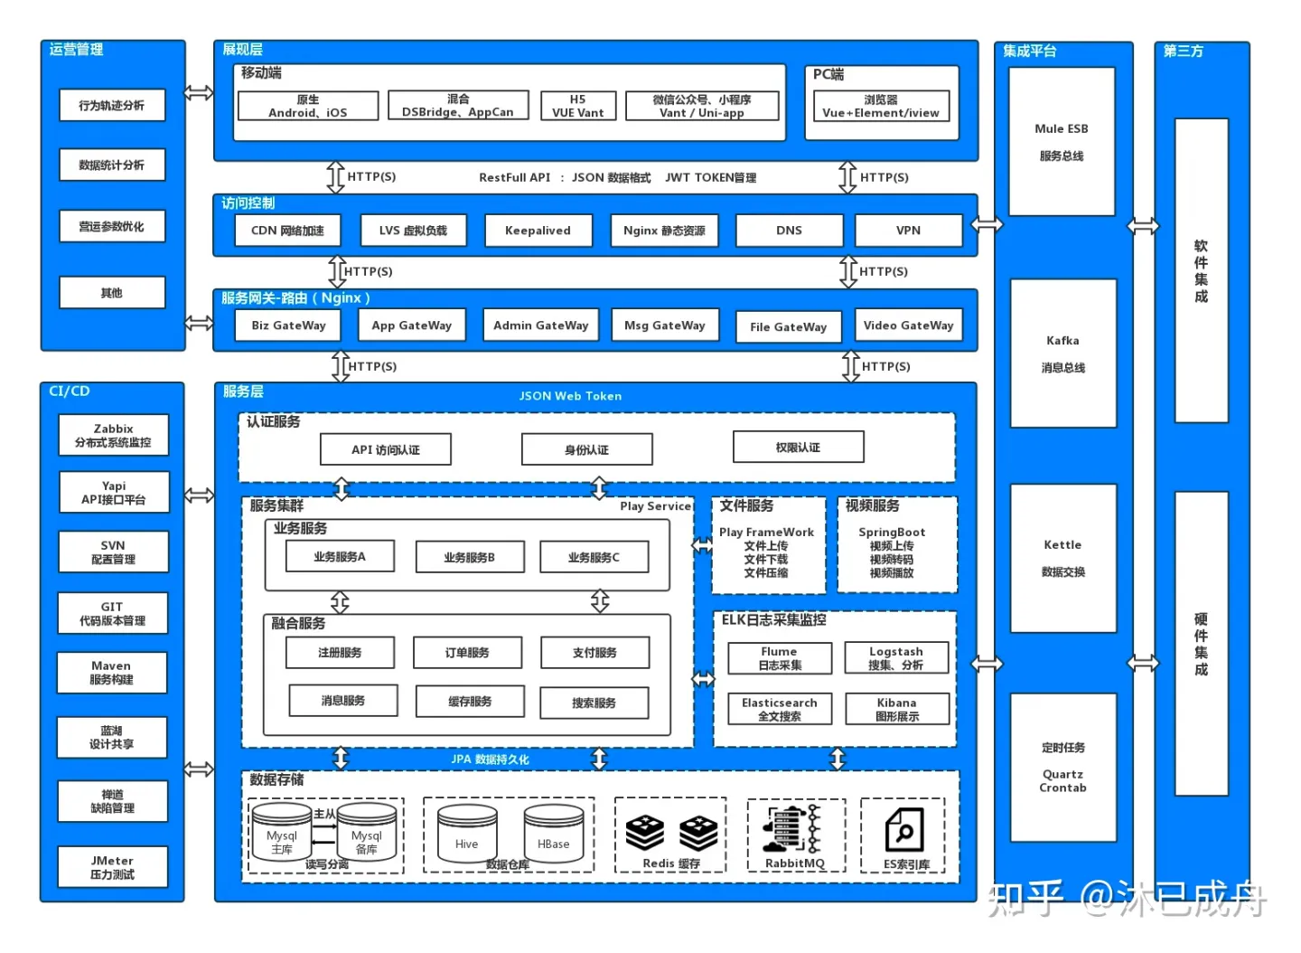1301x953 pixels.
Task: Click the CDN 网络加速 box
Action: tap(287, 231)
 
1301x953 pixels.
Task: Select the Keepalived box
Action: tap(538, 231)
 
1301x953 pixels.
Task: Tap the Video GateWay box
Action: tap(908, 326)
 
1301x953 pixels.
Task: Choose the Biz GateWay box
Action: tap(288, 326)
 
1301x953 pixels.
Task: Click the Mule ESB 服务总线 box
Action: tap(1062, 142)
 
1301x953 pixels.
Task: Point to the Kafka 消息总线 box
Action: tap(1062, 354)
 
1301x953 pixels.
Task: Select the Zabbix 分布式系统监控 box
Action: tap(113, 435)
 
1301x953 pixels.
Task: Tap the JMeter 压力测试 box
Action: tap(112, 867)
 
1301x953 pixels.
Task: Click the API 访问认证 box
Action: tap(386, 449)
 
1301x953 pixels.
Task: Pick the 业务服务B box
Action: tap(470, 557)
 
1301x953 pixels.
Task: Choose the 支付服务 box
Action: tap(594, 653)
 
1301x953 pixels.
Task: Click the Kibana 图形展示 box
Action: tap(897, 709)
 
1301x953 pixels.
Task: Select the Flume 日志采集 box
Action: tap(780, 658)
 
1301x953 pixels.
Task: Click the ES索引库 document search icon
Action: tap(903, 830)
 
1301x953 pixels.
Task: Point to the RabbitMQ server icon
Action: tap(793, 828)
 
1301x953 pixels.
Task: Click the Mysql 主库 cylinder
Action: tap(282, 832)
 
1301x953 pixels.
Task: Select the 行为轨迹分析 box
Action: tap(112, 105)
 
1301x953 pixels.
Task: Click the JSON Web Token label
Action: tap(570, 396)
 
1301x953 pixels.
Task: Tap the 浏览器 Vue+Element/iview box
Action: tap(881, 107)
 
